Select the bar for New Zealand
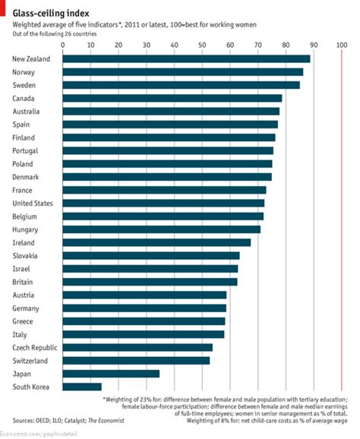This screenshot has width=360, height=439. (186, 58)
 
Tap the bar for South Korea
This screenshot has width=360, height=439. (81, 387)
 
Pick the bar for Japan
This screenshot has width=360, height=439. (111, 374)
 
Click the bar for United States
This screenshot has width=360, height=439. (163, 203)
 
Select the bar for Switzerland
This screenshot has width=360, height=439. (136, 360)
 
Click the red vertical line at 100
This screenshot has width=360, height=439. (342, 228)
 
